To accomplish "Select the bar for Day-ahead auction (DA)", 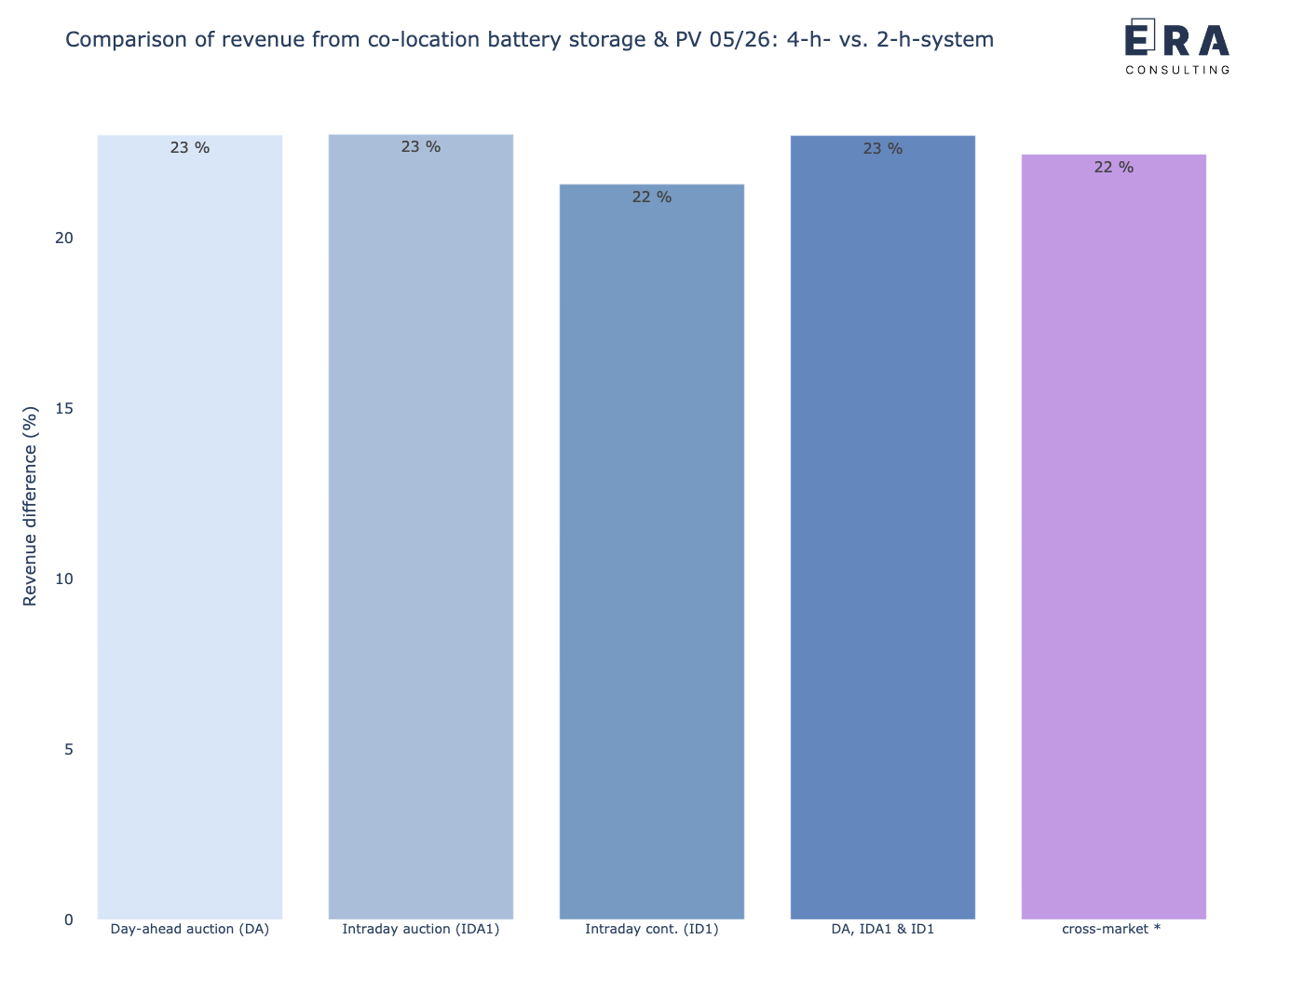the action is coord(189,527).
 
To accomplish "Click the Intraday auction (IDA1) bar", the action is coord(421,526).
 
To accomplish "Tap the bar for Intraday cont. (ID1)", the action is coord(652,551).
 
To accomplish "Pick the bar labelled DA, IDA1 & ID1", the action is coord(883,527).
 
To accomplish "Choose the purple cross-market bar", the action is coord(1114,537).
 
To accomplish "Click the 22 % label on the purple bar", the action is coord(1114,167).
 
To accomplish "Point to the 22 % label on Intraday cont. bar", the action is coord(652,197).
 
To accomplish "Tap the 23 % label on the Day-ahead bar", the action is coord(189,147).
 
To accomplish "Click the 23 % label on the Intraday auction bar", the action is coord(421,147).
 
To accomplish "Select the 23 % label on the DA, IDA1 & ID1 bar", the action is coord(883,148).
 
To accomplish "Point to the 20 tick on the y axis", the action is coord(64,238).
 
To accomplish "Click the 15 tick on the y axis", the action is coord(64,408).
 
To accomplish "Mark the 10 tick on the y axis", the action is coord(64,579).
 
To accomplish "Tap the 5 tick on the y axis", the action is coord(69,749).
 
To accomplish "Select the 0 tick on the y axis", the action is coord(69,919).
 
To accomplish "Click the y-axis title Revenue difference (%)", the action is coord(30,506).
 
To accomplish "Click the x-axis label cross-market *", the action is coord(1111,929).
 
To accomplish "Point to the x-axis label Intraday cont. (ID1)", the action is coord(652,929).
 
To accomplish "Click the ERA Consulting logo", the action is coord(1177,47).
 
